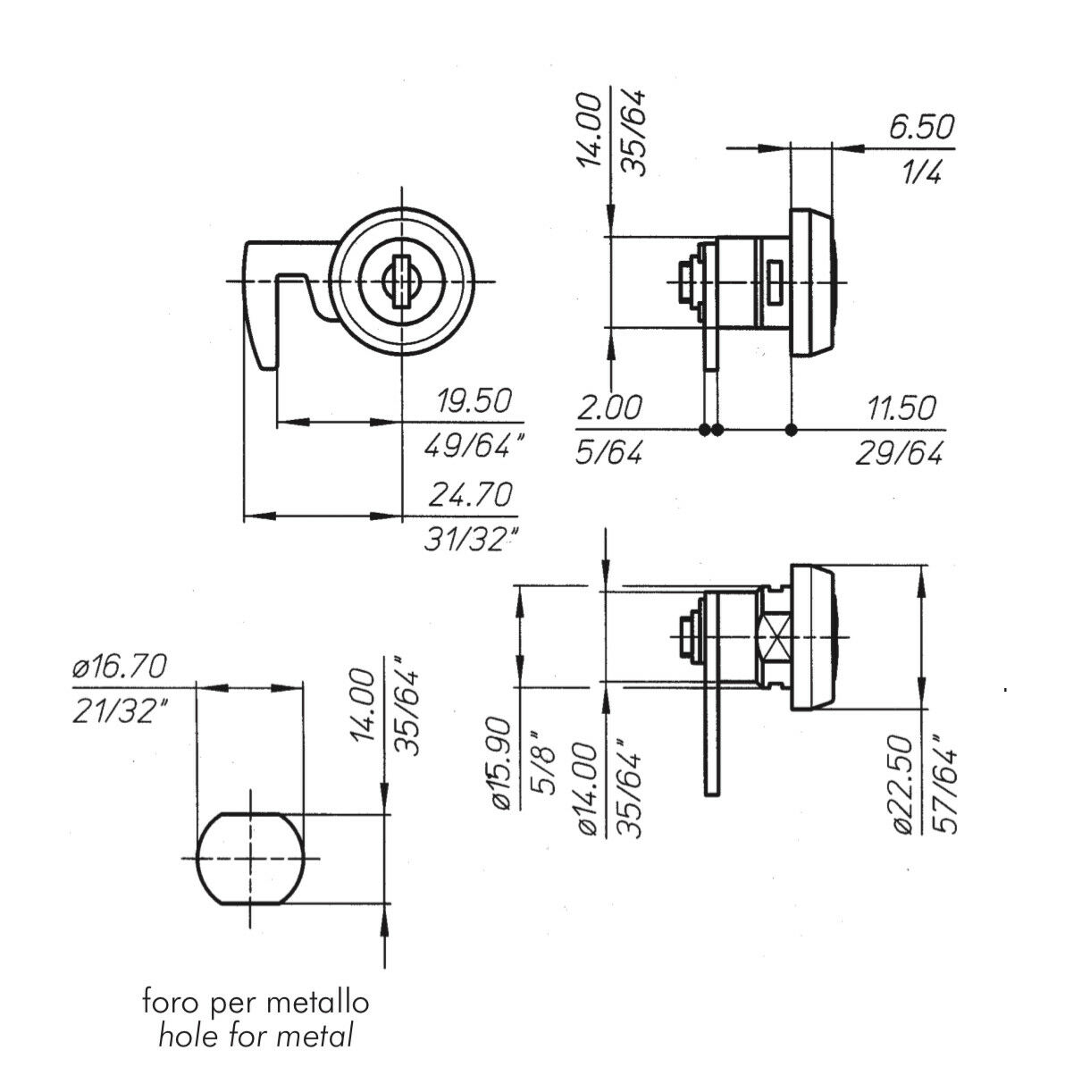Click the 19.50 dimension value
[473, 402]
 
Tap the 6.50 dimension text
[920, 127]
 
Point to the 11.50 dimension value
[901, 409]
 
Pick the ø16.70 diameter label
[119, 666]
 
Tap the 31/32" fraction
[471, 541]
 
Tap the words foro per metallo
[256, 1002]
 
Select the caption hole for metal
[256, 1036]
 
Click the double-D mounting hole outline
[249, 858]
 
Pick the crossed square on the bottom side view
[773, 637]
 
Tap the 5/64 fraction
[607, 453]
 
